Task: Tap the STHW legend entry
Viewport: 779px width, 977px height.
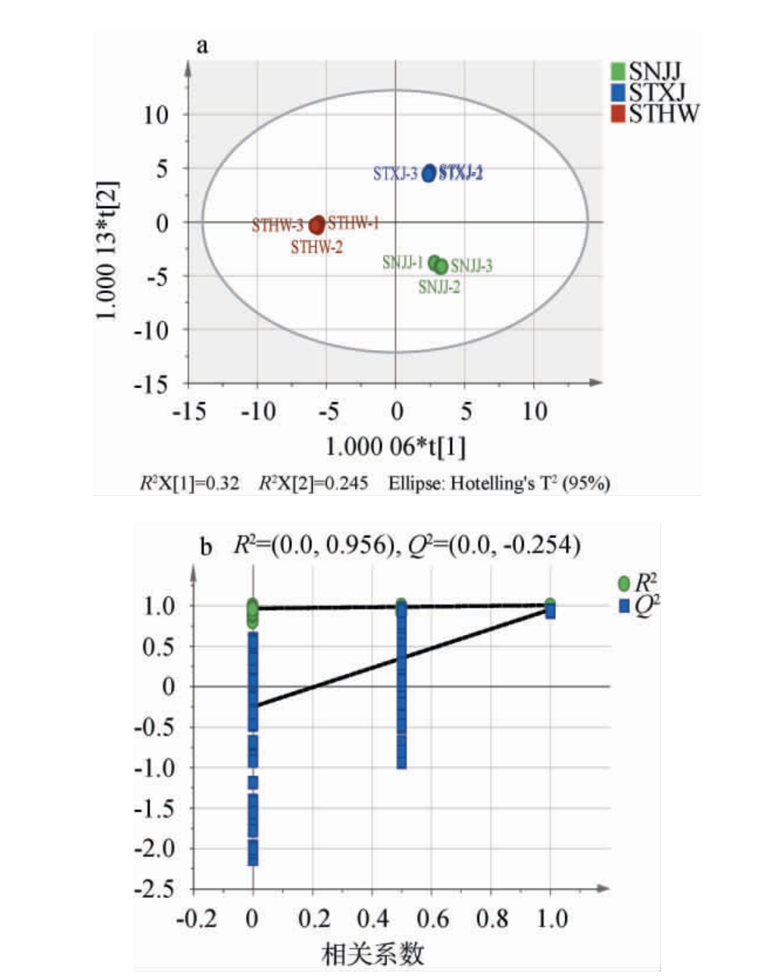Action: [x=654, y=113]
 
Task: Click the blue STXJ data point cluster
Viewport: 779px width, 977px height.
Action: [x=429, y=173]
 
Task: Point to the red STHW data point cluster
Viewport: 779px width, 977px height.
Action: [x=317, y=225]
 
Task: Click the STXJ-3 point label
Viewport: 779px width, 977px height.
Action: [x=395, y=173]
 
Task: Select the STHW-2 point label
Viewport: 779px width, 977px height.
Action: [x=317, y=248]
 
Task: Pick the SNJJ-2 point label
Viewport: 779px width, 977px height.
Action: [x=439, y=287]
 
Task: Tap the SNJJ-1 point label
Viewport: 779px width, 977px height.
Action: [x=403, y=262]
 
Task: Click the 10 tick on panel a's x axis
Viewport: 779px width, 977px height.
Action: [x=535, y=410]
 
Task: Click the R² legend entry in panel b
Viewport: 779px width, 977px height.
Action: [x=638, y=583]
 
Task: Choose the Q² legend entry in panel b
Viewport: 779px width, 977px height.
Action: [x=638, y=605]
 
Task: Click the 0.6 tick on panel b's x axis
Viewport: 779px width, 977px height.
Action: [x=432, y=918]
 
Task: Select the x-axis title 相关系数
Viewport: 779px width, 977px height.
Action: [x=373, y=954]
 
